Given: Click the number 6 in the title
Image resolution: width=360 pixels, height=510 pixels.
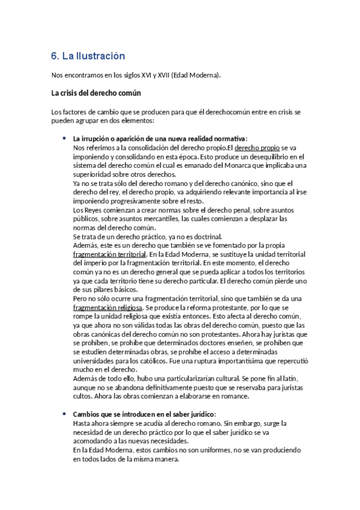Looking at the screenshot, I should point(54,56).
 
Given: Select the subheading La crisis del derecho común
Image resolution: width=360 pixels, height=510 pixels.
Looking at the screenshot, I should point(96,94).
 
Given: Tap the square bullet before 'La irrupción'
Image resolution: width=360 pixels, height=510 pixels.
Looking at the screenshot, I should point(64,138).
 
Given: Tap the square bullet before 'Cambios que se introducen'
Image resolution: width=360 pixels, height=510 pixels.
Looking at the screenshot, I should point(64,414).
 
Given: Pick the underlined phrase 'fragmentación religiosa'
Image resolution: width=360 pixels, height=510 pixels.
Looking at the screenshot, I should point(104,308).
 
